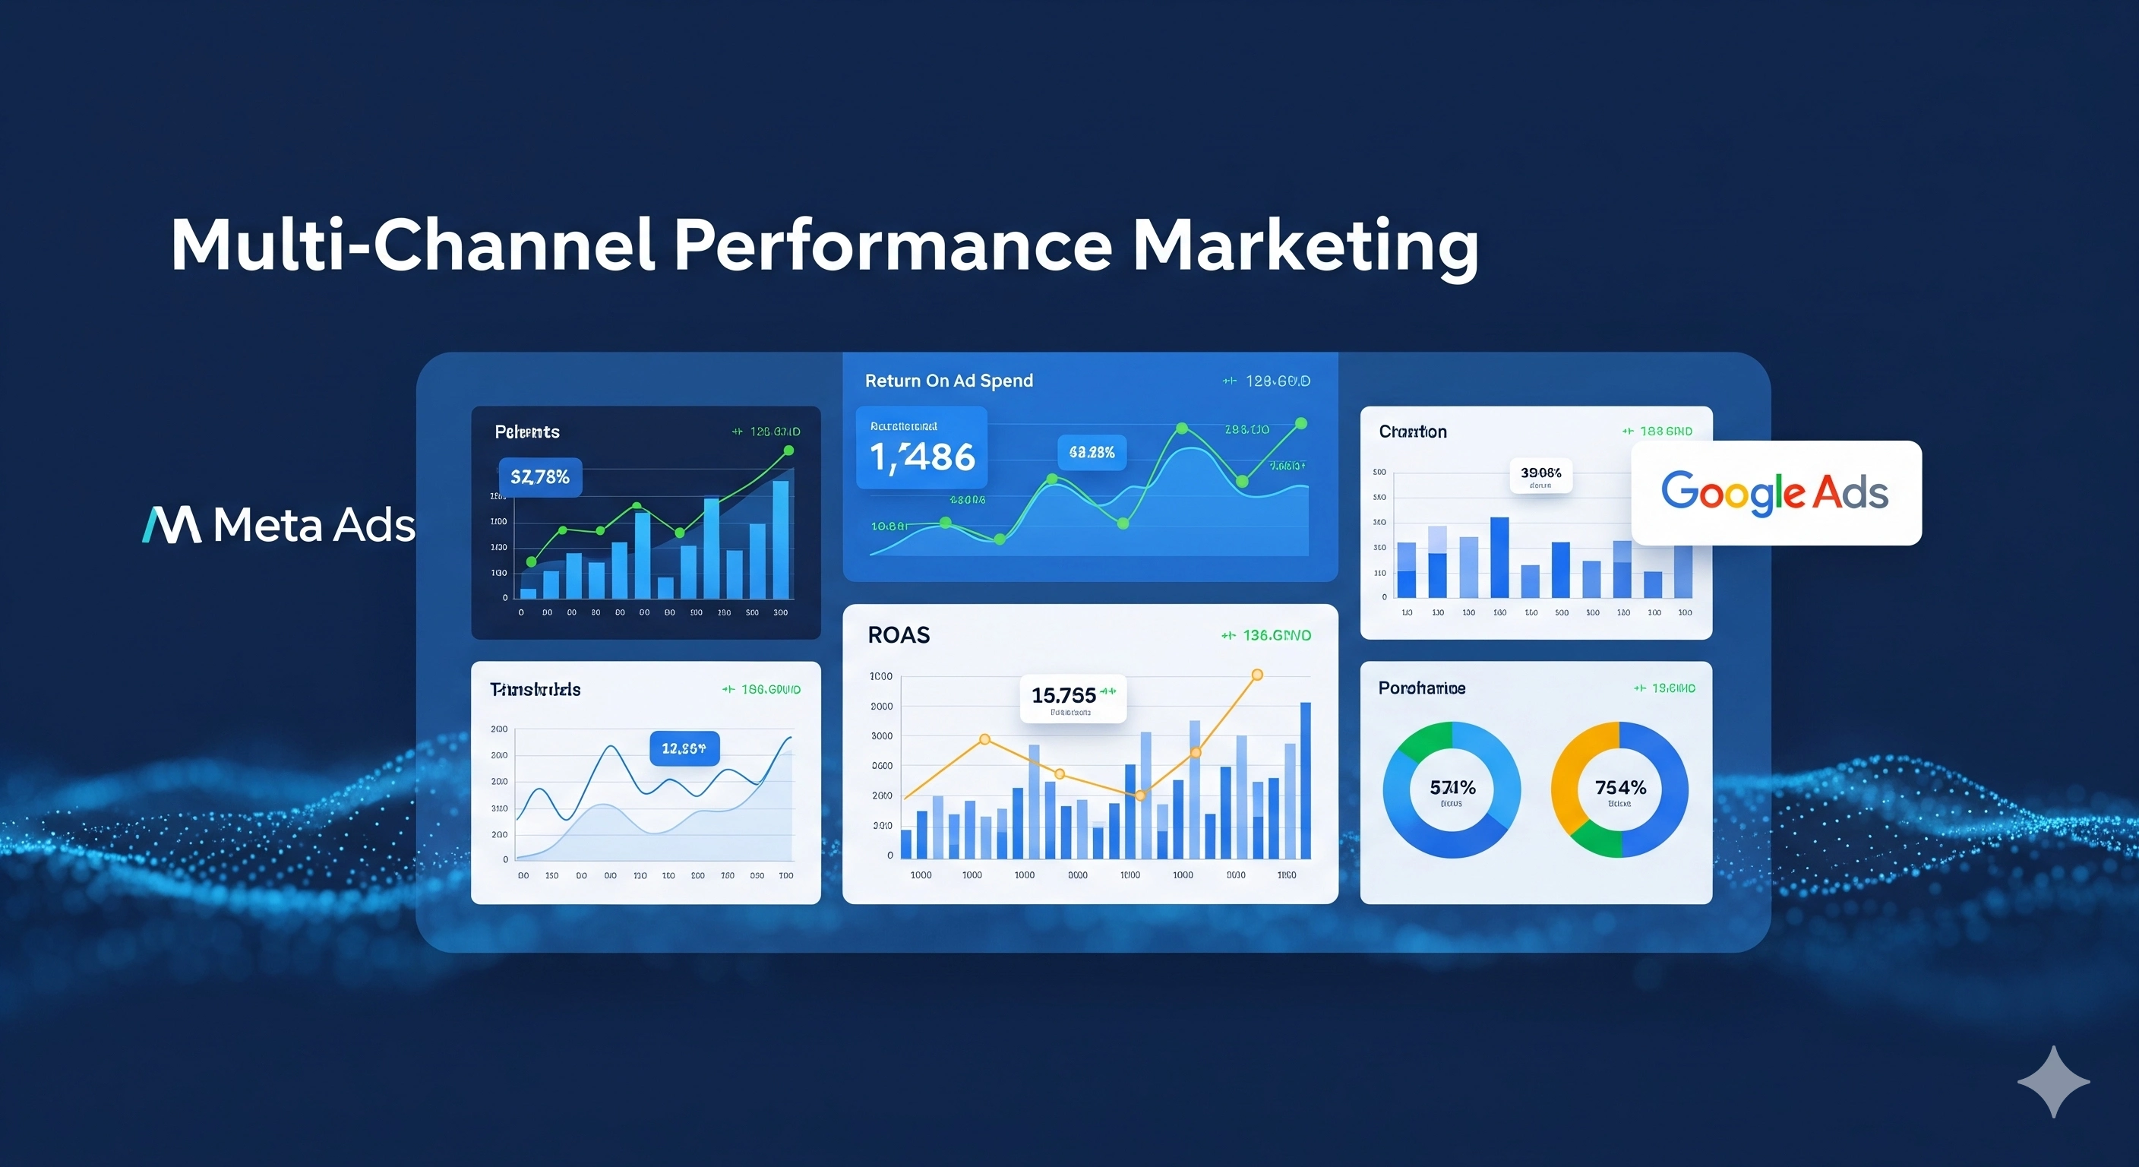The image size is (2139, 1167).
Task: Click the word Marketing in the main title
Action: click(1304, 247)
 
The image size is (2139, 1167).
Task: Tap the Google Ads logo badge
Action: click(1775, 492)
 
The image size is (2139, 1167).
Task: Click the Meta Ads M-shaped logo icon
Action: click(172, 525)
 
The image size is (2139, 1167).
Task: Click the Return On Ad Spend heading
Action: click(948, 381)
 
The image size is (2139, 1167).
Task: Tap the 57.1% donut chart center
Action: click(1452, 789)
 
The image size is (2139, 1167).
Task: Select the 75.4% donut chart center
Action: click(1619, 789)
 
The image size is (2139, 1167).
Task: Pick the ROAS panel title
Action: click(899, 635)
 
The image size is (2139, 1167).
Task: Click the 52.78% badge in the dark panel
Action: click(540, 477)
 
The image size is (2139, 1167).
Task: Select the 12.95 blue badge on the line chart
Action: click(684, 748)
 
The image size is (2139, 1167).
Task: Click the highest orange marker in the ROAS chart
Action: click(1257, 675)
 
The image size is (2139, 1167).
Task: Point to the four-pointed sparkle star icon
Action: click(2053, 1081)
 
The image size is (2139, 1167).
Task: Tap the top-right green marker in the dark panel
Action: click(789, 451)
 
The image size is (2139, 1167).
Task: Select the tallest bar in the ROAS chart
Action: click(1305, 780)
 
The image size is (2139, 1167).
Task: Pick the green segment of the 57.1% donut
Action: click(1425, 738)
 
